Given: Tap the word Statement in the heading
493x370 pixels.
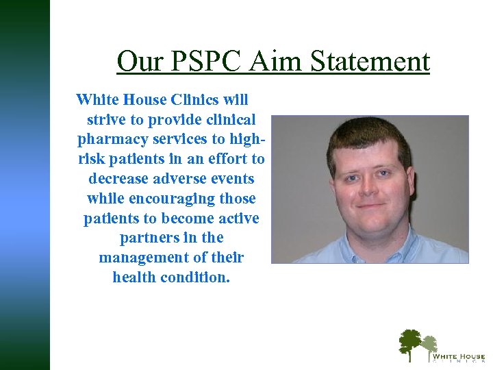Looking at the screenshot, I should point(370,62).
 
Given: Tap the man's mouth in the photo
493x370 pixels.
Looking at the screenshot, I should point(372,206).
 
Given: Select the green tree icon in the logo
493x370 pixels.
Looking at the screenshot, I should point(411,343).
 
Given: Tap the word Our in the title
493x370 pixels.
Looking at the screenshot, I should point(136,62).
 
